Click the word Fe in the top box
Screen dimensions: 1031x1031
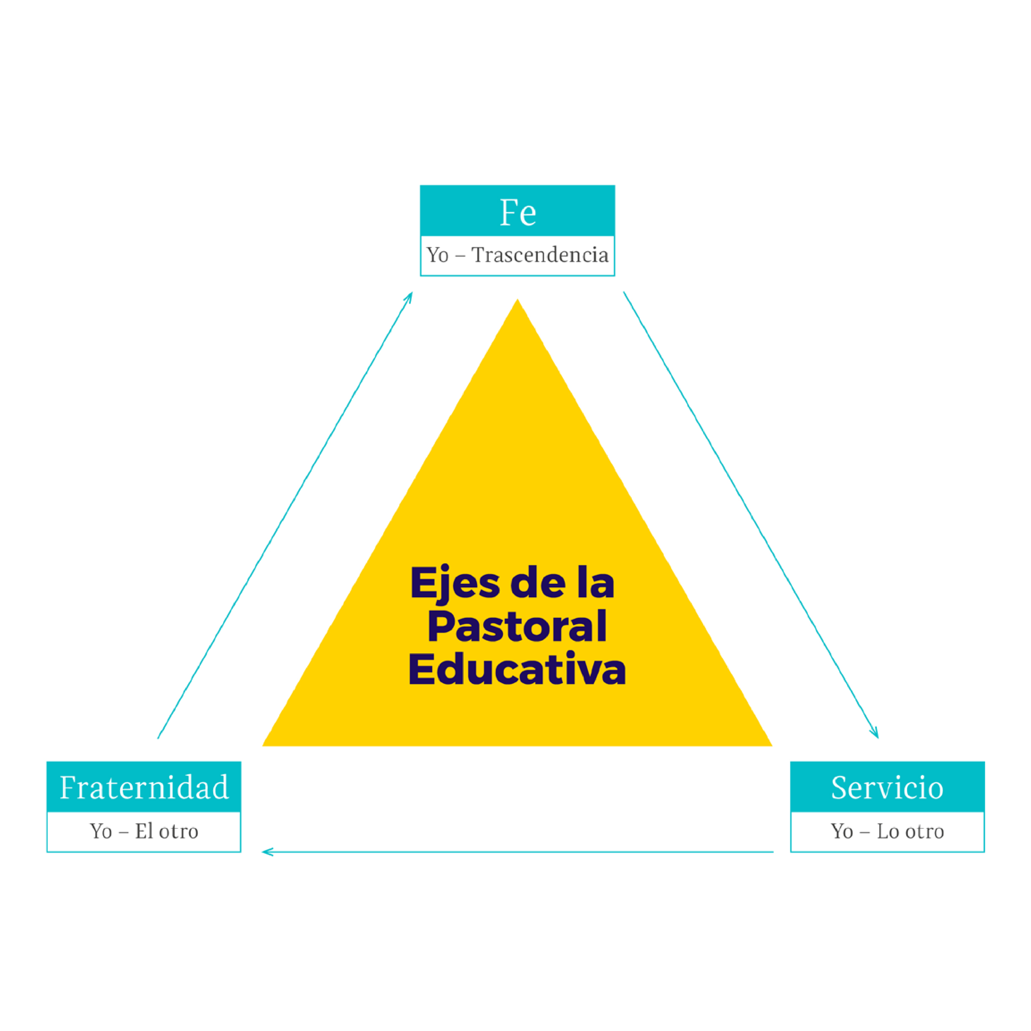click(x=517, y=212)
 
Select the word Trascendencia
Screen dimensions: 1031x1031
click(x=540, y=255)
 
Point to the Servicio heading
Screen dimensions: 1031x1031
click(x=887, y=788)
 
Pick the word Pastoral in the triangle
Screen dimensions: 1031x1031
click(x=517, y=626)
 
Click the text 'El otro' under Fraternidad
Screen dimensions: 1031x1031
click(x=166, y=831)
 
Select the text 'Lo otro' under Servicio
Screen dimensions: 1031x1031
click(x=910, y=831)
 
